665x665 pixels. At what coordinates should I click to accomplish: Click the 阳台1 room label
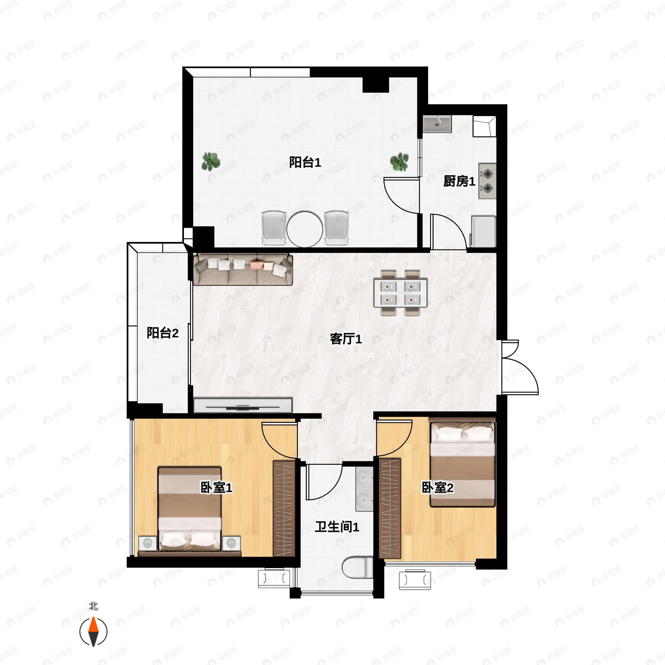coord(305,162)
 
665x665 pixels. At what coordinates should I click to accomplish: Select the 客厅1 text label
coord(346,339)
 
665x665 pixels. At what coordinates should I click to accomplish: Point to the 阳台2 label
coord(162,333)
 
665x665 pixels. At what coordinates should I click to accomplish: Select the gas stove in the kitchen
coord(487,181)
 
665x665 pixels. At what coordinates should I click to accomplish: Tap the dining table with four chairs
coord(401,293)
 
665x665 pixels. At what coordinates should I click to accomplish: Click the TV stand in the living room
coord(243,405)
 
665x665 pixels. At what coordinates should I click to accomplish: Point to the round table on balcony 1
coord(305,229)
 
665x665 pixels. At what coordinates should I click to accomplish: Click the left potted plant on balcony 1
coord(211,162)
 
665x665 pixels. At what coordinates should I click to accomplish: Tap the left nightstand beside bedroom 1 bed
coord(148,543)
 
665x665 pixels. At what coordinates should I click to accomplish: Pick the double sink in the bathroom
coord(364,489)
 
